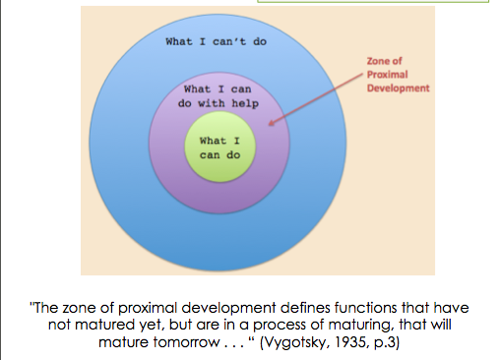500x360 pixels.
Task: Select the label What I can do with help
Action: point(217,95)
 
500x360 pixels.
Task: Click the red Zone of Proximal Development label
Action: point(394,74)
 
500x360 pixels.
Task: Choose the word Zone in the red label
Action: point(379,61)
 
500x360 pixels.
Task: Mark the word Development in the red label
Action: point(398,87)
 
